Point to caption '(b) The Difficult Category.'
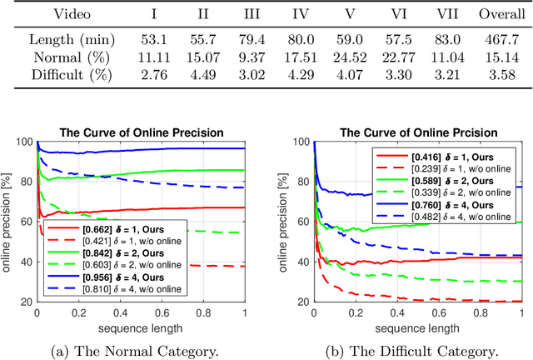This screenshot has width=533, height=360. point(416,351)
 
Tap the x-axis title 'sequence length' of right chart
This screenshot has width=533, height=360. point(417,327)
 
